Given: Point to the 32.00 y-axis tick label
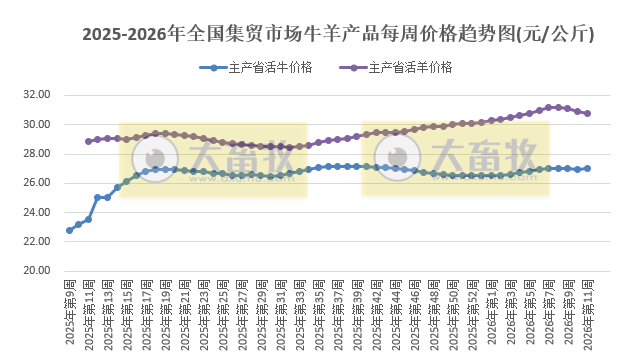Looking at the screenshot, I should pyautogui.click(x=37, y=95).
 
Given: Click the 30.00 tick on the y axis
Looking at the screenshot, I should pyautogui.click(x=37, y=124).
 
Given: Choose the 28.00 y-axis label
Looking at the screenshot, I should pyautogui.click(x=37, y=154).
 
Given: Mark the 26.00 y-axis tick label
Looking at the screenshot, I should pyautogui.click(x=37, y=183).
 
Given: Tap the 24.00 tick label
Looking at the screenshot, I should pyautogui.click(x=37, y=212).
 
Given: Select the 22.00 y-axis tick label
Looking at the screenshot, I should pyautogui.click(x=37, y=242).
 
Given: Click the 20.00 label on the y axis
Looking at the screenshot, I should pyautogui.click(x=37, y=271).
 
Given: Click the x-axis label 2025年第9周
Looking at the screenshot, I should pyautogui.click(x=70, y=312).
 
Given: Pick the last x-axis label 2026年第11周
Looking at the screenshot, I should pyautogui.click(x=588, y=312).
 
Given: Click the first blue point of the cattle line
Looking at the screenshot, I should pyautogui.click(x=69, y=230).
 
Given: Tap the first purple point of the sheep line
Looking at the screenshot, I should pyautogui.click(x=88, y=141).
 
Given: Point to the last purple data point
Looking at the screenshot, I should pyautogui.click(x=587, y=113).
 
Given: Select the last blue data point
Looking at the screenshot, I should pyautogui.click(x=587, y=168).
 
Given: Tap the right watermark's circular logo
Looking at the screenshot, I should pyautogui.click(x=398, y=158).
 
